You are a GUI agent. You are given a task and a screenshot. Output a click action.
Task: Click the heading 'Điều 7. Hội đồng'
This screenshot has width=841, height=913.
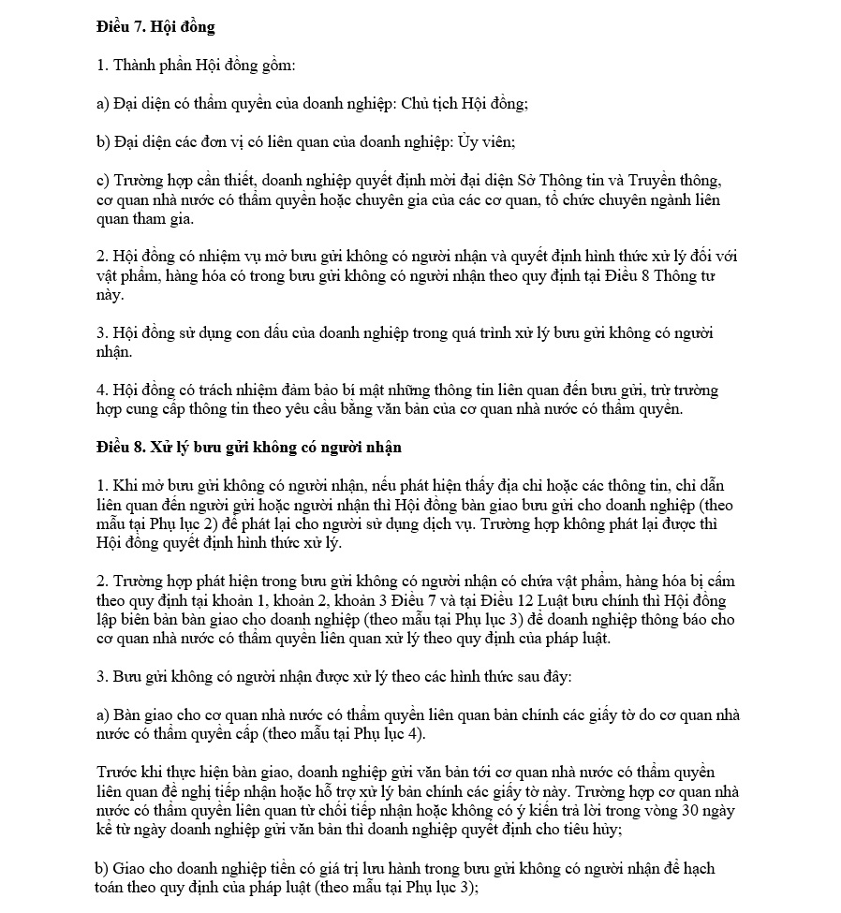[x=155, y=27]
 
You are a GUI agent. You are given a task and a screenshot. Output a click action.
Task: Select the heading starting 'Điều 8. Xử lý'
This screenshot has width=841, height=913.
[x=249, y=447]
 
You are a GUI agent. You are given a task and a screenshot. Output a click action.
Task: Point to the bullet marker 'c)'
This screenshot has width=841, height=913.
[x=103, y=181]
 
